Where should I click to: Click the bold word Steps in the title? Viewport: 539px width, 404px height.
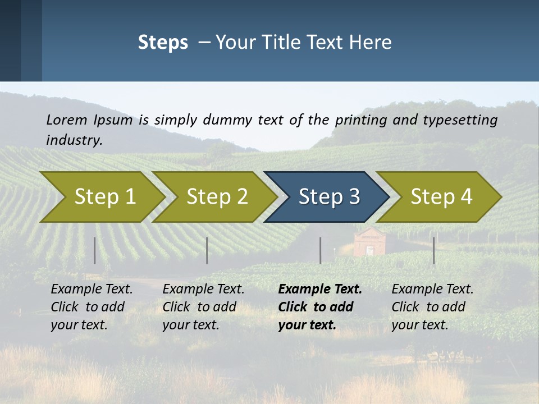pos(163,43)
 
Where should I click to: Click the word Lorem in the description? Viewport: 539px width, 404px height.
pos(67,120)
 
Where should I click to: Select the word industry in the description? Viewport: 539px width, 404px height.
pos(74,140)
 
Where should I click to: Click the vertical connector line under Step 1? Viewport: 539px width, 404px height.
pos(95,250)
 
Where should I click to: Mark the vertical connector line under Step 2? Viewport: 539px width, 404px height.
pos(207,250)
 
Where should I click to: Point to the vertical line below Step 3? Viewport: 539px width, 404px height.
pos(320,250)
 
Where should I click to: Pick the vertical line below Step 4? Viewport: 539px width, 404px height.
pos(433,250)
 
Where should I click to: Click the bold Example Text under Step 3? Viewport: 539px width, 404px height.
pos(320,290)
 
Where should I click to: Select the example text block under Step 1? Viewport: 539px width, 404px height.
pos(92,307)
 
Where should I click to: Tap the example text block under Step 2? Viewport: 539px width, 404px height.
pos(203,307)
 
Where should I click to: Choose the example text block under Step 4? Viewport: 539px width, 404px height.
pos(432,307)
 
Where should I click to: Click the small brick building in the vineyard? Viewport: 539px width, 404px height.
pos(370,242)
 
